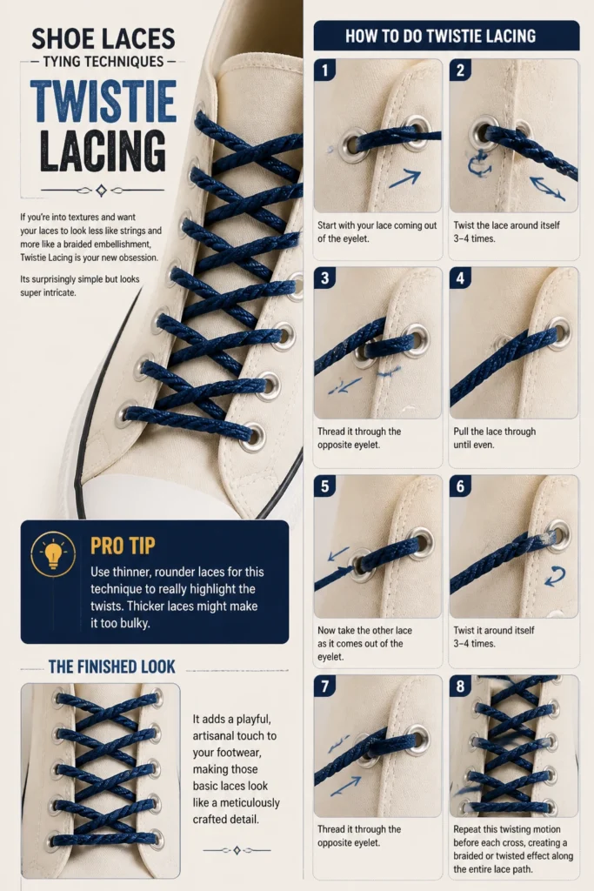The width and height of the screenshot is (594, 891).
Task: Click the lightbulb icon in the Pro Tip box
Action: point(53,554)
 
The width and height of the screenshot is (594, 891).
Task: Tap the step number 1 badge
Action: point(324,70)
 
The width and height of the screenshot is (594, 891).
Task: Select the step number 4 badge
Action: point(460,278)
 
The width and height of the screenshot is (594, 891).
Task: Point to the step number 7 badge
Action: point(324,686)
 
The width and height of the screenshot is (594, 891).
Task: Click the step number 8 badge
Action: point(460,686)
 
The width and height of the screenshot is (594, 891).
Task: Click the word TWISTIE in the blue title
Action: point(103,101)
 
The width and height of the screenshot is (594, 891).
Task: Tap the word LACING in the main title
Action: point(103,151)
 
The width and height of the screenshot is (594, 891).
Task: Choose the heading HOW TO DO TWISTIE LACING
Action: point(441,37)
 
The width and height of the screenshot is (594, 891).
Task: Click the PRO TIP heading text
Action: point(123,546)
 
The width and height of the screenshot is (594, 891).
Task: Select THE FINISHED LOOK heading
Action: point(112,667)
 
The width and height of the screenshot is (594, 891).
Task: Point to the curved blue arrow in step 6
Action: point(555,576)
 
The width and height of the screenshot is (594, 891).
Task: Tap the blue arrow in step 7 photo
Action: point(345,786)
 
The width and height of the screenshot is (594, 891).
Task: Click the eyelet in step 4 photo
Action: point(557,329)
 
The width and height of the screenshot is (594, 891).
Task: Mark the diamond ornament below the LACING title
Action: point(101,191)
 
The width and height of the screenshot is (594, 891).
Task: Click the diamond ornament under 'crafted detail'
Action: point(237,850)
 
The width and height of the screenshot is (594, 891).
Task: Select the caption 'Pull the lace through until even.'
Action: point(495,439)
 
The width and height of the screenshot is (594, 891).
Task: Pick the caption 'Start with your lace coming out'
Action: point(377,225)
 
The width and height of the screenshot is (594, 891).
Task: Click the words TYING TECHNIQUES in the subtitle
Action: point(103,62)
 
